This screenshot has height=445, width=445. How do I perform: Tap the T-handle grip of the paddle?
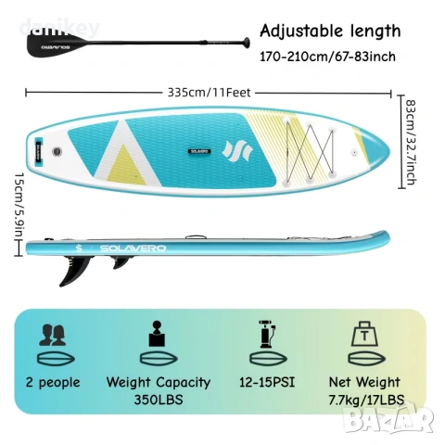(247, 43)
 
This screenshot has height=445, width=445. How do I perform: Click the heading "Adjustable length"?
(330, 31)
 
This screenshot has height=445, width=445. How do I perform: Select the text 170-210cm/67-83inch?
(327, 57)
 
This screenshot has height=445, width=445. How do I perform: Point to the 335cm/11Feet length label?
(209, 93)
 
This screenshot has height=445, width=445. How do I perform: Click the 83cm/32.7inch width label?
(411, 142)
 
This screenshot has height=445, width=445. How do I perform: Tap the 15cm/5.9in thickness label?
(19, 207)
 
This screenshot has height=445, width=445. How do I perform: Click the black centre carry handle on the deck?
(199, 151)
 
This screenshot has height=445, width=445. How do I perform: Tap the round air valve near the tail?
(57, 151)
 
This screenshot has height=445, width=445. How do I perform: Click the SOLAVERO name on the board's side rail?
(133, 248)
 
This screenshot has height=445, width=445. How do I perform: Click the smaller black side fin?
(121, 262)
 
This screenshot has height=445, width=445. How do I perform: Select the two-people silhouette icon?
(52, 335)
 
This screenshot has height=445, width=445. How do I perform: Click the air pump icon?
(267, 334)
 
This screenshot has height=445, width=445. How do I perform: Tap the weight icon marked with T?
(365, 334)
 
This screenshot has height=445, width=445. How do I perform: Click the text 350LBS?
(159, 400)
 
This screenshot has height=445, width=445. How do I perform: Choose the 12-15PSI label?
(267, 382)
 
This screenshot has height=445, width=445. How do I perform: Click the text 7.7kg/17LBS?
(366, 400)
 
